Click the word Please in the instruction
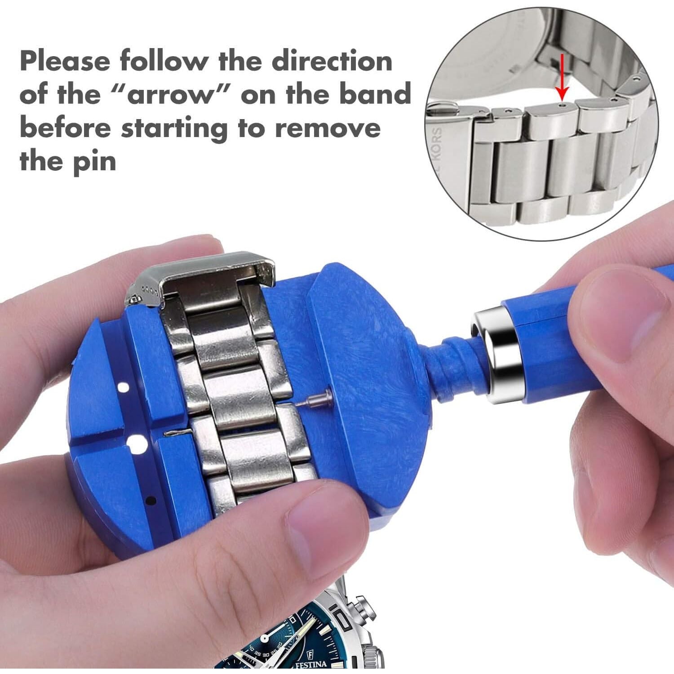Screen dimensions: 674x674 65,61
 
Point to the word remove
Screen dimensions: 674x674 328,129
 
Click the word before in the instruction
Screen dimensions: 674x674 65,129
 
